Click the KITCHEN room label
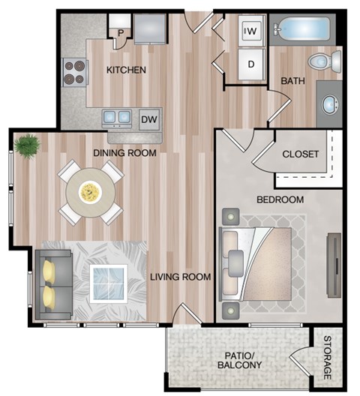(x=125, y=70)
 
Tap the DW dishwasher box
(x=148, y=118)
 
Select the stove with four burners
(x=73, y=71)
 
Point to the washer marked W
(x=250, y=31)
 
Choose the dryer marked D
(x=250, y=64)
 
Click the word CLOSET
(x=301, y=154)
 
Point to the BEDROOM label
(x=280, y=199)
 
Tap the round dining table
(x=90, y=192)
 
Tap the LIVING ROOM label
(x=180, y=277)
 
